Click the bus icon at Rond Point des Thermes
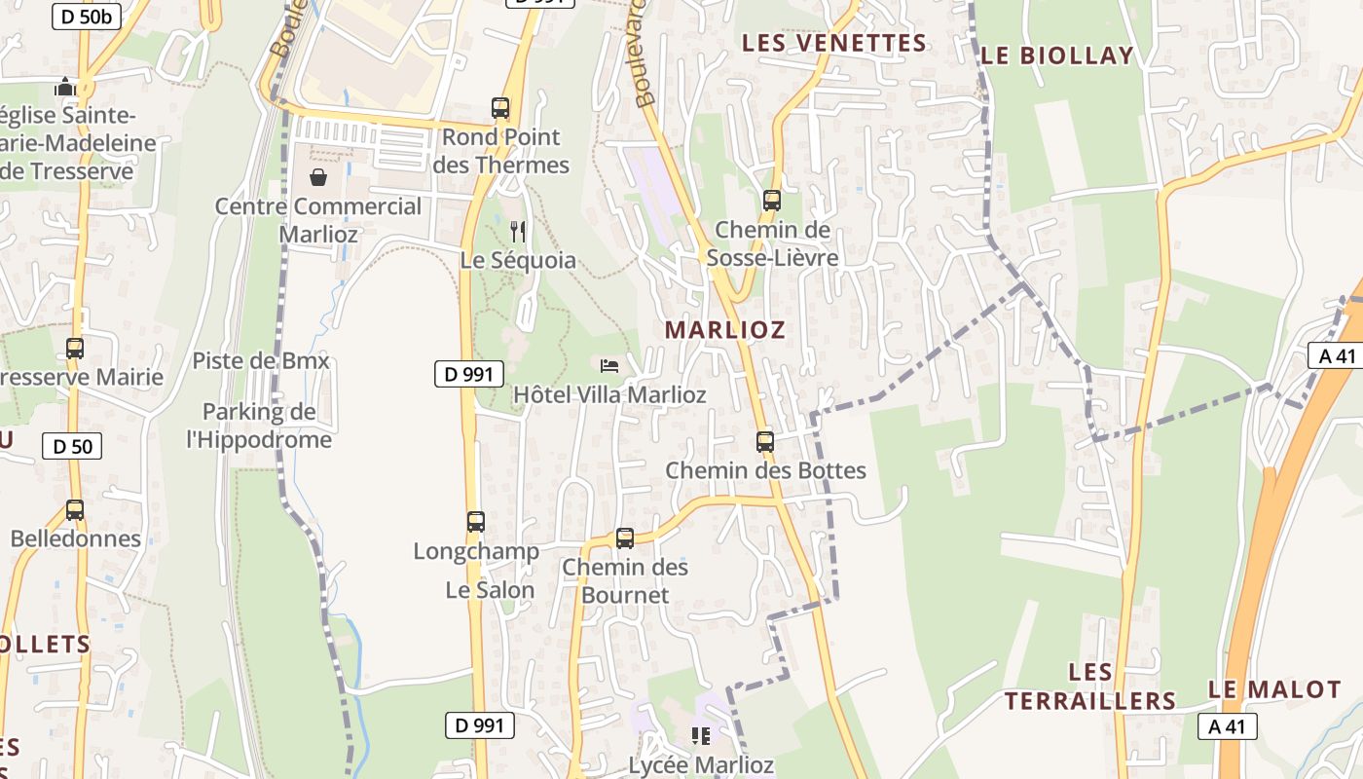point(500,108)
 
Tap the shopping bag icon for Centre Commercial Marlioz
point(318,177)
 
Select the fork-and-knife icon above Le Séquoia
point(518,231)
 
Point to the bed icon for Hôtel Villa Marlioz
point(609,366)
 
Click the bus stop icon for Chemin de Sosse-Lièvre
point(772,201)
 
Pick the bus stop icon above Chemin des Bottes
point(765,442)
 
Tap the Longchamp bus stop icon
point(475,522)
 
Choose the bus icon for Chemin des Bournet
point(625,538)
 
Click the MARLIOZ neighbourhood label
point(724,330)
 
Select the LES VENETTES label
point(833,43)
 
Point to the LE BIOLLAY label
point(1057,56)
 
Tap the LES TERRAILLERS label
point(1090,686)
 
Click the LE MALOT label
point(1274,689)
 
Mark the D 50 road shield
point(72,447)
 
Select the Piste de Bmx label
point(261,361)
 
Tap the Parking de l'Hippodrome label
point(259,426)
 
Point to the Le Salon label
point(490,590)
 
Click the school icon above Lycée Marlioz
point(701,736)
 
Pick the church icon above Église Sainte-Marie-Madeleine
point(66,87)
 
